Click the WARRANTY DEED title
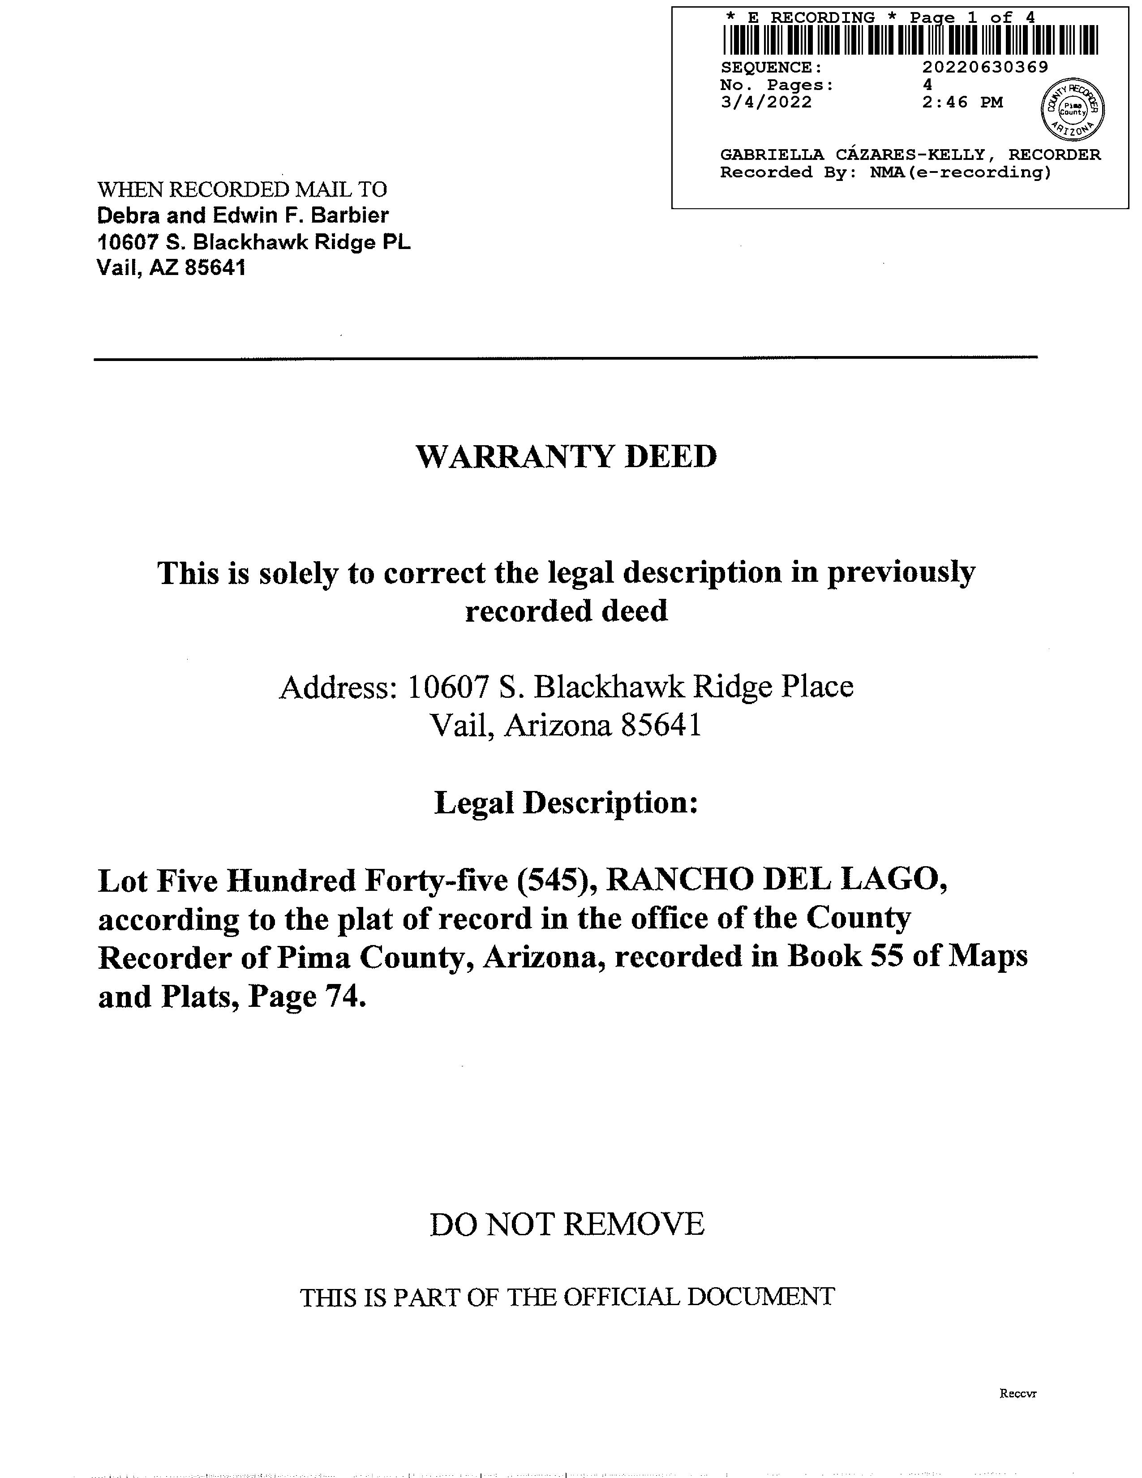[x=566, y=457]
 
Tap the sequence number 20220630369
[x=985, y=67]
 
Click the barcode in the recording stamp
[x=910, y=40]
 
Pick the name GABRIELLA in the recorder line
[x=771, y=155]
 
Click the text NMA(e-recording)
[x=961, y=172]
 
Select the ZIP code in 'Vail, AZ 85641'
[x=215, y=268]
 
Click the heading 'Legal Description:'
[x=566, y=803]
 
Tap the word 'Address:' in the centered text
[x=337, y=687]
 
